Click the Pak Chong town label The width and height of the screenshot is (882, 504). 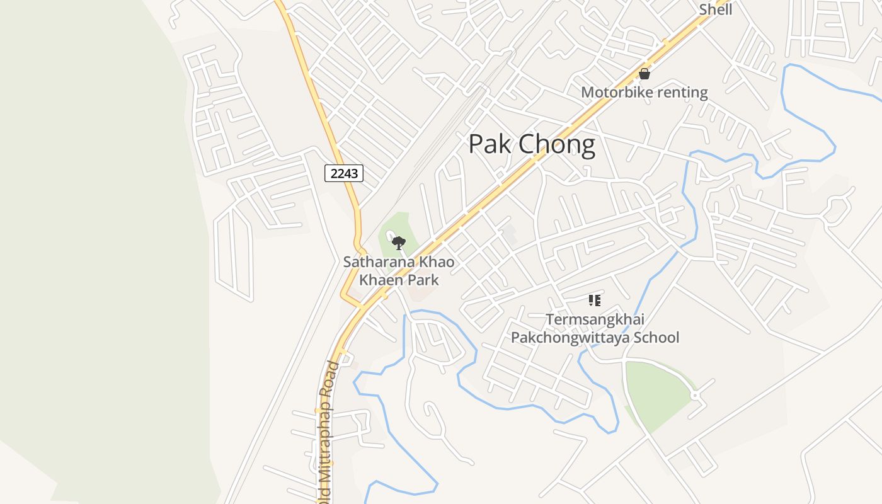pos(532,145)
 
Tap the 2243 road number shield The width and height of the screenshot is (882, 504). pos(344,173)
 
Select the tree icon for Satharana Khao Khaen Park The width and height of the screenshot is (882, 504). pos(398,243)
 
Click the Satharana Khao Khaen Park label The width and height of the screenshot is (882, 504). pos(399,271)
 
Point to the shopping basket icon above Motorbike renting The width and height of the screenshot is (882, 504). pos(644,74)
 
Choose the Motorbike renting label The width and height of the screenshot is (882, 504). pos(644,93)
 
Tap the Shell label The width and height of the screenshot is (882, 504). pos(716,9)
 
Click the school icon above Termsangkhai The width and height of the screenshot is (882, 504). pos(594,301)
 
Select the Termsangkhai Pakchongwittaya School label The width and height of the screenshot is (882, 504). pos(595,329)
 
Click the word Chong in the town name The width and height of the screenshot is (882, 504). pos(558,145)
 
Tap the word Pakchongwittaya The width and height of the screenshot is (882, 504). pos(570,338)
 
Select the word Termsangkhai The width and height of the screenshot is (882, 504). pos(595,320)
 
